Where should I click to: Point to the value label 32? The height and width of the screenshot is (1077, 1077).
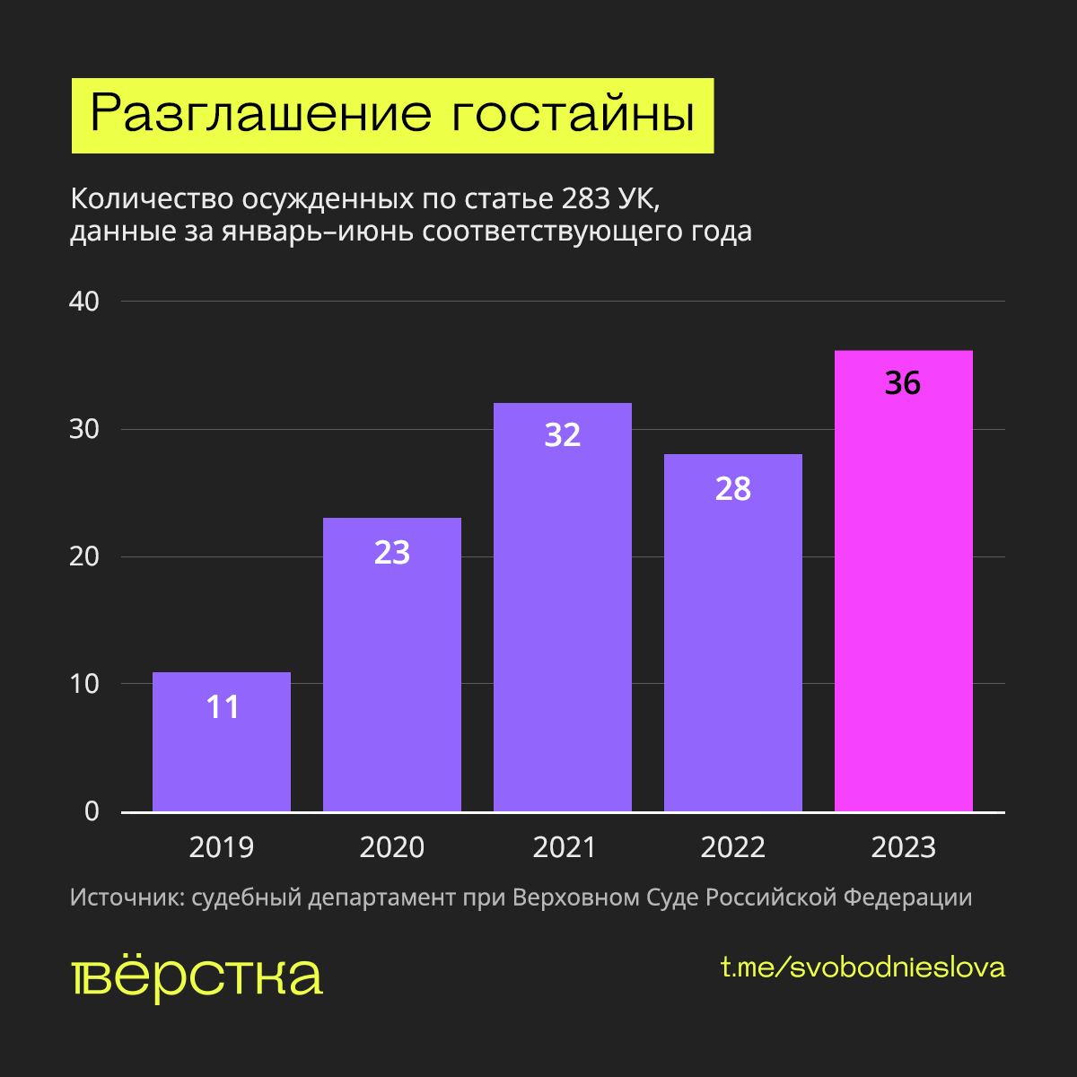[563, 435]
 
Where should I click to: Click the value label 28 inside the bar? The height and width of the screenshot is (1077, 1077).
[733, 489]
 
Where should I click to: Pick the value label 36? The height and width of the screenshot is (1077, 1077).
[903, 383]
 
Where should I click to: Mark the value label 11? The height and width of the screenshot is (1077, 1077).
[223, 707]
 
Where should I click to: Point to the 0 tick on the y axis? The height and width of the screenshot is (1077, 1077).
[91, 811]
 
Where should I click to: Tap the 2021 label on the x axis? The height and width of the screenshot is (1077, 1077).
[563, 847]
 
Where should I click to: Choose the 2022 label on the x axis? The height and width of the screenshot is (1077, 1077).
[733, 847]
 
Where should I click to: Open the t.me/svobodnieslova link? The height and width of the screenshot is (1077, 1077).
[862, 968]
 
